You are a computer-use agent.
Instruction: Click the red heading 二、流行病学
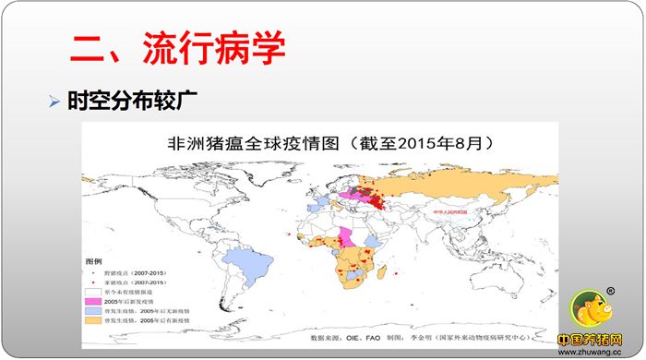176,49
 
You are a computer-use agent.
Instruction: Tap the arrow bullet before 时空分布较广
54,98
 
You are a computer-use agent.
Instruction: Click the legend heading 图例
94,262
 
